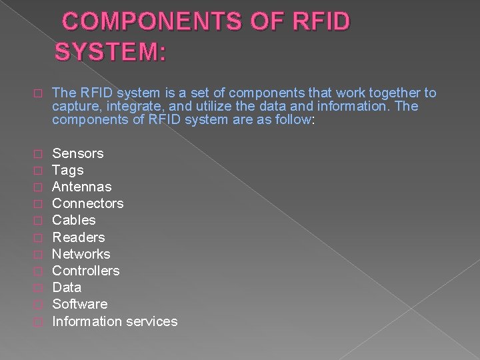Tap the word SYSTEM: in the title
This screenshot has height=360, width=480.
point(111,52)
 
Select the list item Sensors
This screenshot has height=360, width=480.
point(78,153)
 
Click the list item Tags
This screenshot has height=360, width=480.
point(68,170)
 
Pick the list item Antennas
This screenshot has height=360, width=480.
point(82,187)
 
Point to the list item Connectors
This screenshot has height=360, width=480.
point(88,203)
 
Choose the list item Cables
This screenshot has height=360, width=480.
point(74,220)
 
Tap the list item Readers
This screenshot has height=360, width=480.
point(79,237)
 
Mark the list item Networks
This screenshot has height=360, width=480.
point(81,254)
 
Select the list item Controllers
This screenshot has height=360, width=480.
point(86,271)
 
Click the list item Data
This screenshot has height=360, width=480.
point(67,287)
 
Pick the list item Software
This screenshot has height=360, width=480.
point(80,304)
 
